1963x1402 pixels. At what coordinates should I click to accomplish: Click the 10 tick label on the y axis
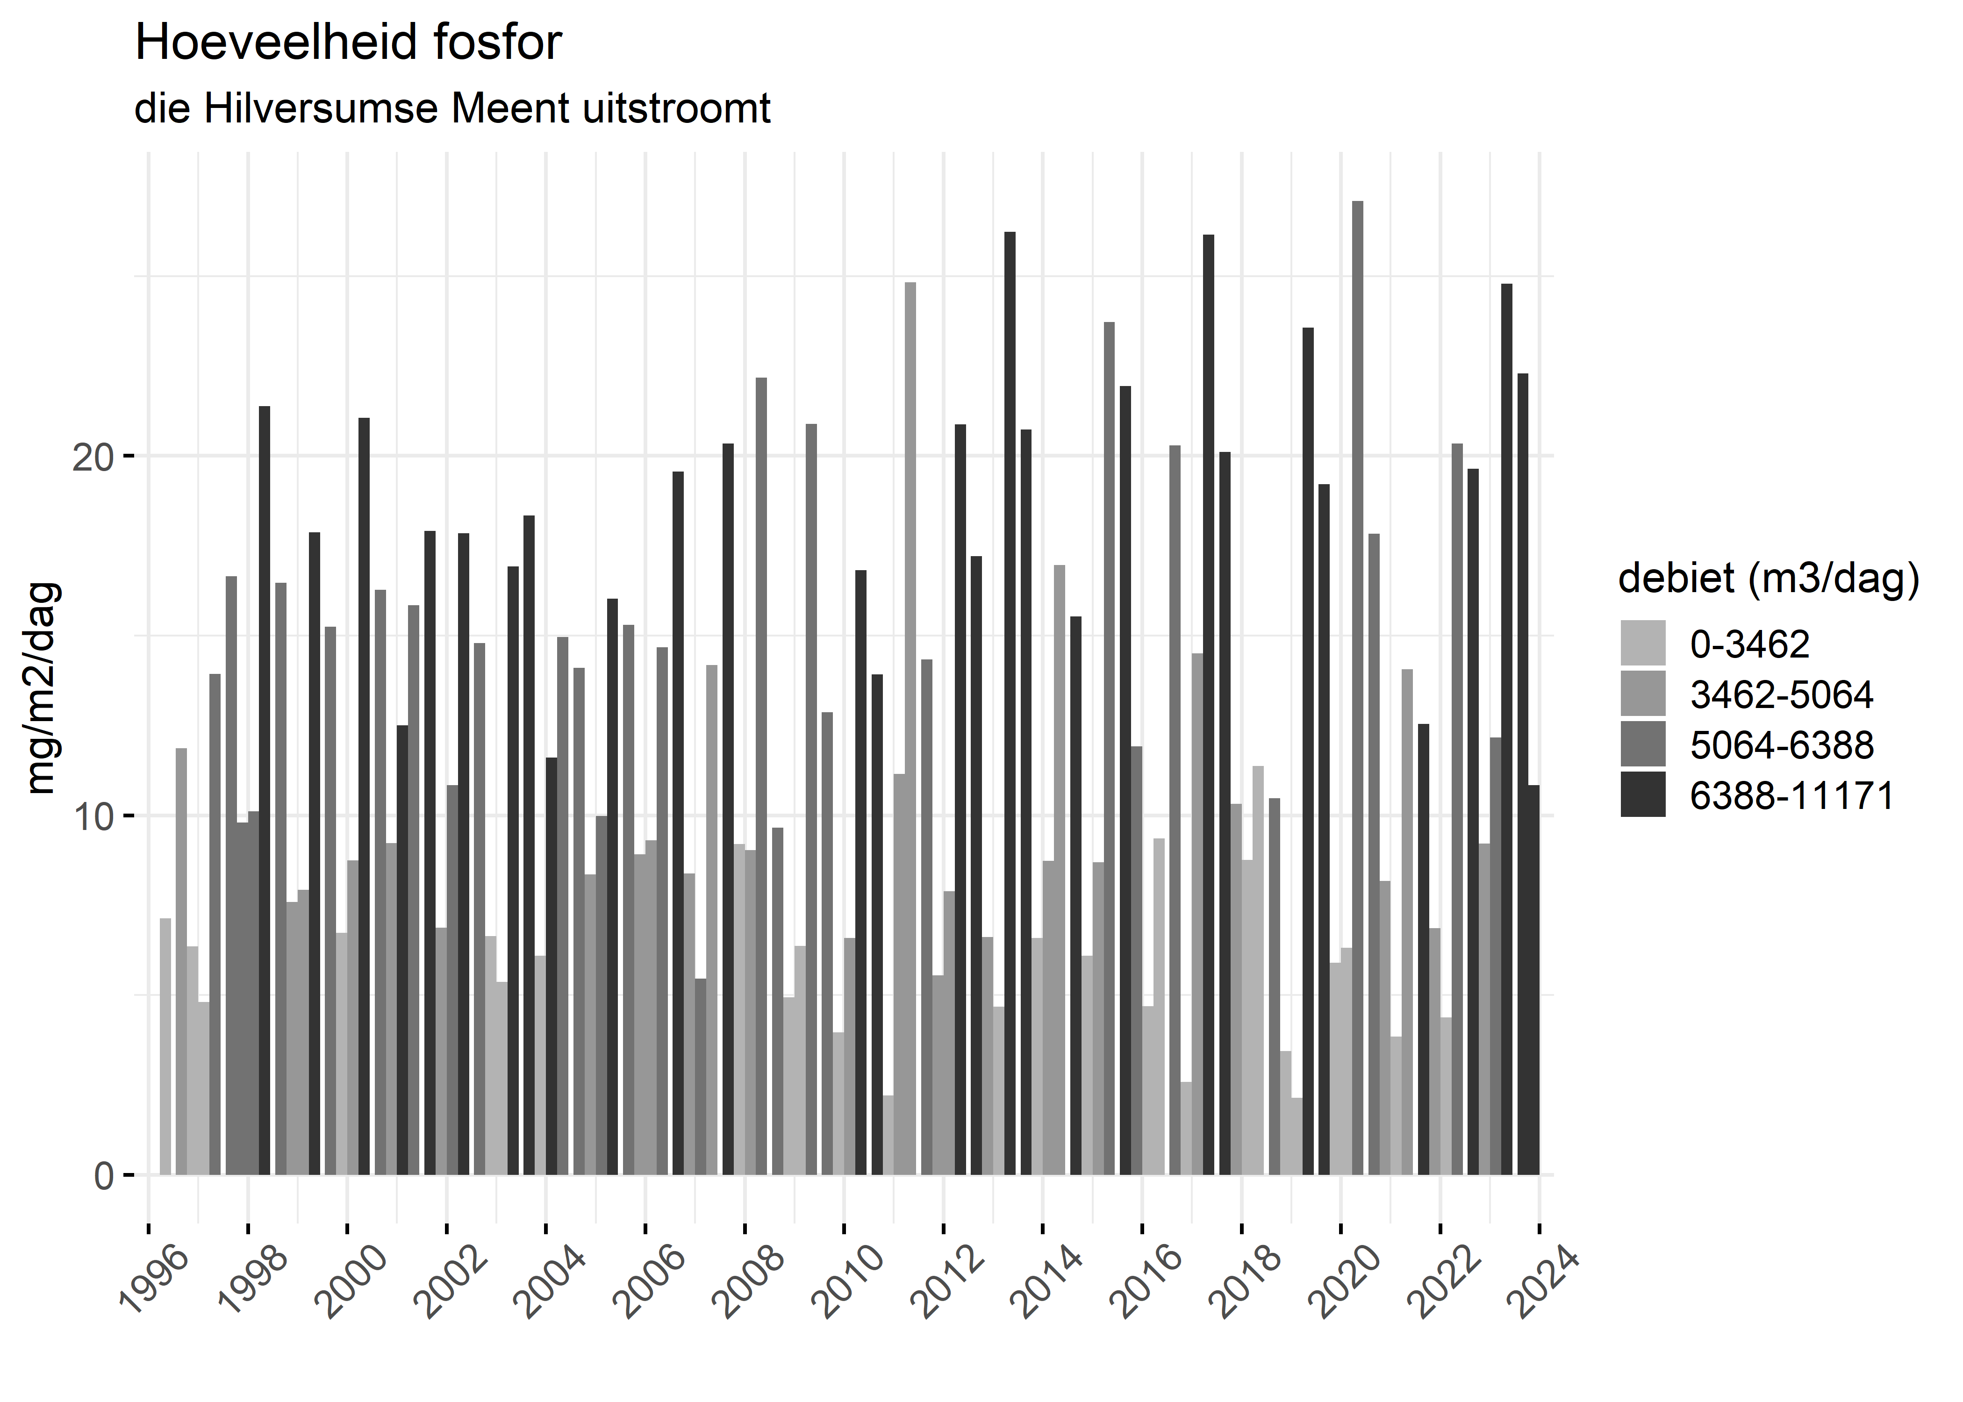(x=93, y=816)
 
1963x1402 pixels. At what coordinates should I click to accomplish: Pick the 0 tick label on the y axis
(x=104, y=1176)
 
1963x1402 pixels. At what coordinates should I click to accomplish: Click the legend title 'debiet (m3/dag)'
(x=1769, y=579)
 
